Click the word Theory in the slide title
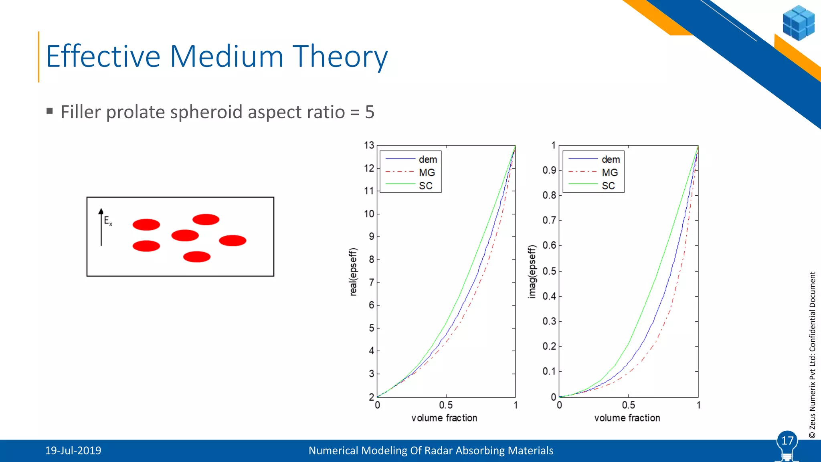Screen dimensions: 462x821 [340, 57]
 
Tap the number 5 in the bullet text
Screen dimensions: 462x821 [370, 112]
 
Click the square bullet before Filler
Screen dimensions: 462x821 [50, 111]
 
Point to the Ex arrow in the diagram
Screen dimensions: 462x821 [101, 227]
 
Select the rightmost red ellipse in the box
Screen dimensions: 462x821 [233, 241]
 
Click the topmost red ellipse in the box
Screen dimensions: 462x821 [206, 219]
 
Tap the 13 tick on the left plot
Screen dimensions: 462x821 [369, 145]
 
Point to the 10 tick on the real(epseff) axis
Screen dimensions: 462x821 [369, 214]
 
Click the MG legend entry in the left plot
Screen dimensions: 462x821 [427, 172]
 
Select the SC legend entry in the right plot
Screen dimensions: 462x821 [608, 186]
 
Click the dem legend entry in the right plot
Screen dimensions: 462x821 [611, 159]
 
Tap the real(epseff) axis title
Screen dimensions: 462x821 [353, 272]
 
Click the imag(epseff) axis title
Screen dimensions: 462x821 [532, 272]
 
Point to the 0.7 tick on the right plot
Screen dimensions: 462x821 [549, 220]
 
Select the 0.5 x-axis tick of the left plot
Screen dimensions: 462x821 [446, 405]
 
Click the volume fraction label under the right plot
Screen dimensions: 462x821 [627, 418]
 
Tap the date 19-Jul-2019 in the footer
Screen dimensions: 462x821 [73, 450]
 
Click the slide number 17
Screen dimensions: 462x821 [787, 441]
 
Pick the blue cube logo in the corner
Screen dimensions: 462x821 [798, 22]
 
